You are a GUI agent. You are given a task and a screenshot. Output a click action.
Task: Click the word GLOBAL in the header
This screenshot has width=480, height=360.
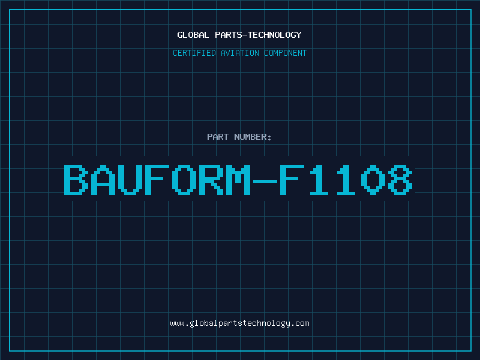[x=193, y=35]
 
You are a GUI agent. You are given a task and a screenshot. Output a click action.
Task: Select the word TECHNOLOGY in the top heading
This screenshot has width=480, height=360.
[x=275, y=35]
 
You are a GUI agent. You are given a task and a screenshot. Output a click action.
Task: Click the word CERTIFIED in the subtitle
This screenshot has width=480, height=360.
[x=194, y=53]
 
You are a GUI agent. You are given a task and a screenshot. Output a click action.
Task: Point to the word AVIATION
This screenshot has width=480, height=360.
[x=240, y=53]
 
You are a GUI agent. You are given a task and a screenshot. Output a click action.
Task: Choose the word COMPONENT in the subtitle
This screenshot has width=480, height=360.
[x=286, y=53]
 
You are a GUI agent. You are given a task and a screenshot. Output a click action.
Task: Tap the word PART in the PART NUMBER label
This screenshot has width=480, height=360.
[x=218, y=137]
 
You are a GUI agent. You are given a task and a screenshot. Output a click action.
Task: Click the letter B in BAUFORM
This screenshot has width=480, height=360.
[x=76, y=179]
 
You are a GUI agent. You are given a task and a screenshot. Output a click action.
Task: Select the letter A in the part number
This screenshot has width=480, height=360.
[x=103, y=179]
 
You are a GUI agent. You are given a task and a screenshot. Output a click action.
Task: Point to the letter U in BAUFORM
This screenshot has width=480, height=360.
[x=130, y=179]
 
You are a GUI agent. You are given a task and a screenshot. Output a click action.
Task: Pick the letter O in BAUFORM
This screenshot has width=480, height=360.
[x=184, y=179]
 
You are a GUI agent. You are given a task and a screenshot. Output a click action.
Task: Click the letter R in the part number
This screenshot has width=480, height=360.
[x=211, y=179]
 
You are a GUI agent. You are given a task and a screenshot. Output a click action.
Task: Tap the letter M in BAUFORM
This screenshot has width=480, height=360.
[x=238, y=179]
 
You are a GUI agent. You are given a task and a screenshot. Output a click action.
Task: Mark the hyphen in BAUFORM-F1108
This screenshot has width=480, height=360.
[x=265, y=182]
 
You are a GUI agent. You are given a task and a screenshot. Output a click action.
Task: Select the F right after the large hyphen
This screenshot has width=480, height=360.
[x=292, y=179]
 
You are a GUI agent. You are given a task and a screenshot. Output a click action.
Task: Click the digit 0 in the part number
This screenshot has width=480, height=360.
[x=373, y=179]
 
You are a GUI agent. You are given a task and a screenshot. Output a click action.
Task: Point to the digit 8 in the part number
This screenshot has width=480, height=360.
[x=400, y=179]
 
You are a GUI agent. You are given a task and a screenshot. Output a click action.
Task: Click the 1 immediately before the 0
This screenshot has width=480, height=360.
[x=346, y=179]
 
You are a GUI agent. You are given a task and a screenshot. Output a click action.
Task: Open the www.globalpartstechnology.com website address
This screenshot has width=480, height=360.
[x=239, y=323]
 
